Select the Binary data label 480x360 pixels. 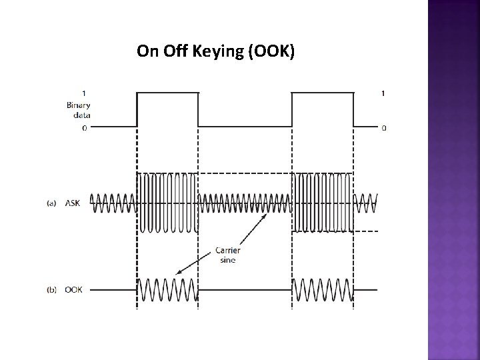tap(78, 109)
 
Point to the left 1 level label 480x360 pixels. tap(83, 93)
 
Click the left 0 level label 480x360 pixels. tap(83, 127)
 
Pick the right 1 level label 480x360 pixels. tap(382, 93)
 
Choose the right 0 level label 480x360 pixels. tap(383, 127)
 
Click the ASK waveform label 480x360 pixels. tap(72, 203)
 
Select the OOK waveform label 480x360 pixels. tap(73, 289)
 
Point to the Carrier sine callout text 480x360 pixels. tap(227, 255)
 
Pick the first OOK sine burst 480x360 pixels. tap(167, 289)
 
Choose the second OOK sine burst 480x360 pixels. tap(323, 289)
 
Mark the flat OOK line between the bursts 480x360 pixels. tap(245, 289)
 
